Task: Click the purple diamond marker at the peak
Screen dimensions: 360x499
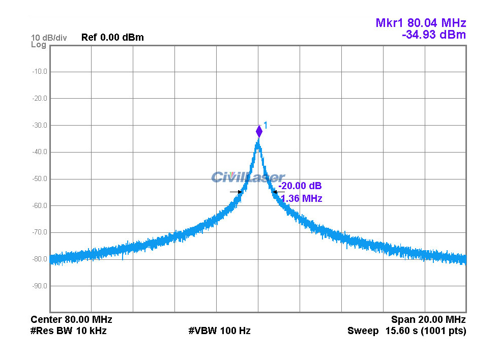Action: tap(259, 132)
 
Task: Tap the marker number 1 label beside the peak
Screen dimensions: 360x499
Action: tap(265, 125)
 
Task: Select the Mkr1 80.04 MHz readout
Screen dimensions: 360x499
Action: tap(421, 23)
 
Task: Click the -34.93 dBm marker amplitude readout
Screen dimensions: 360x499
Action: tap(433, 35)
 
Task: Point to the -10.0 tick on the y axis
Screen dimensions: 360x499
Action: tap(39, 72)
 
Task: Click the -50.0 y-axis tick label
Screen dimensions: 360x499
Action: tap(39, 179)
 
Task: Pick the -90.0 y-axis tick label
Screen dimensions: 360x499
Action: tap(39, 286)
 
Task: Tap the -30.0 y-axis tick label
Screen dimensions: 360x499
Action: tap(39, 125)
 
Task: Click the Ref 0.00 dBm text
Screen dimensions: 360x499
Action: tap(112, 38)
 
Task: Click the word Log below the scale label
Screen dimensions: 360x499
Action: tap(38, 45)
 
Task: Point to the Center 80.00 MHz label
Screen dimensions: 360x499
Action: tap(71, 320)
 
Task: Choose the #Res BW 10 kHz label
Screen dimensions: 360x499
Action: tap(69, 331)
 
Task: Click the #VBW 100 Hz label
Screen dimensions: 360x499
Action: tap(219, 331)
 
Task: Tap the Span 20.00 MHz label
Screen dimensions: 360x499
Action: tap(428, 320)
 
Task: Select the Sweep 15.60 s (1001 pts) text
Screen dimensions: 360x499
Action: tap(406, 331)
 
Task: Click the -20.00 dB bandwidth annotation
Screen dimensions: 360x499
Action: tap(300, 186)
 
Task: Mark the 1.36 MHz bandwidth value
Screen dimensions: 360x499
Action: tap(301, 199)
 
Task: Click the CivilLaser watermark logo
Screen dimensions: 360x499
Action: tap(248, 177)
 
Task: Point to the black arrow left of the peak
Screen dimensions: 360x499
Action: tap(236, 192)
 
